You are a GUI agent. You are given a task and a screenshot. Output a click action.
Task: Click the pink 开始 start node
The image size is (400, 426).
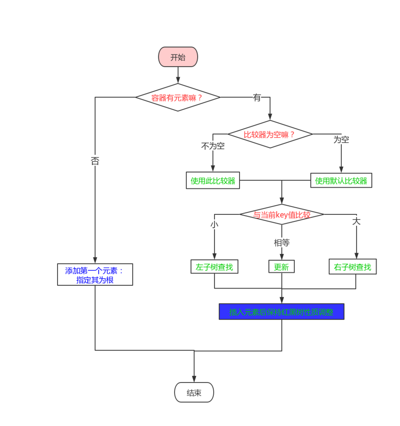pyautogui.click(x=178, y=57)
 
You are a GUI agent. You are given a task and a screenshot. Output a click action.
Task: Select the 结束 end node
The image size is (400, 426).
pyautogui.click(x=194, y=393)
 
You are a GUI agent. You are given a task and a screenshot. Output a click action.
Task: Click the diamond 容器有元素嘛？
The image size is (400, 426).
pyautogui.click(x=177, y=98)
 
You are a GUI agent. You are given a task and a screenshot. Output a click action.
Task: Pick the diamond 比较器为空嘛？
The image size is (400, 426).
pyautogui.click(x=270, y=134)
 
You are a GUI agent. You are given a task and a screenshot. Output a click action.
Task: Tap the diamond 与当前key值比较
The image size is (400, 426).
pyautogui.click(x=282, y=215)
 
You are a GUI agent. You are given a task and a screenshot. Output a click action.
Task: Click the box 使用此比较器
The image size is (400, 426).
pyautogui.click(x=213, y=181)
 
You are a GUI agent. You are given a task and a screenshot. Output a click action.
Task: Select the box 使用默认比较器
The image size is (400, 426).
pyautogui.click(x=341, y=181)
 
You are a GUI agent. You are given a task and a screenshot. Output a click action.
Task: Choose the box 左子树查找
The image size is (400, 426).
pyautogui.click(x=214, y=267)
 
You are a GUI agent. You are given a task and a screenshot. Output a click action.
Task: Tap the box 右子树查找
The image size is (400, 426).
pyautogui.click(x=352, y=267)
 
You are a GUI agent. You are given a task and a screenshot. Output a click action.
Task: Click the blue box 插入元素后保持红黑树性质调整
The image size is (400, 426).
pyautogui.click(x=281, y=312)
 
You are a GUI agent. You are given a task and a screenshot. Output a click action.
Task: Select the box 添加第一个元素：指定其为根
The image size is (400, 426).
pyautogui.click(x=95, y=275)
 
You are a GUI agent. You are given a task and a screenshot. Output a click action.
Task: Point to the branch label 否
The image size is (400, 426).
pyautogui.click(x=95, y=161)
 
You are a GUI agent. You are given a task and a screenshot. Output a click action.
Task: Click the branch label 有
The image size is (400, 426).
pyautogui.click(x=257, y=98)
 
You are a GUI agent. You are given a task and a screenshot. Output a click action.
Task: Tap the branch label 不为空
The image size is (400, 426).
pyautogui.click(x=213, y=146)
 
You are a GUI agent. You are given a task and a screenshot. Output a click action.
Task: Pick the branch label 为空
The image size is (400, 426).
pyautogui.click(x=341, y=140)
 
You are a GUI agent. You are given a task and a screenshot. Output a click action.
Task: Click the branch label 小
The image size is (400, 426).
pyautogui.click(x=214, y=224)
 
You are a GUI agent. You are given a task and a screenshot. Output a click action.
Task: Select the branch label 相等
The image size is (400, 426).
pyautogui.click(x=282, y=243)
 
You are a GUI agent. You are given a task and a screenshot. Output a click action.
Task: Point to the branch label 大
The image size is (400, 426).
pyautogui.click(x=356, y=221)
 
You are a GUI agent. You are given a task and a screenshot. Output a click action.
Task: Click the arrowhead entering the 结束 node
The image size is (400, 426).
pyautogui.click(x=194, y=379)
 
